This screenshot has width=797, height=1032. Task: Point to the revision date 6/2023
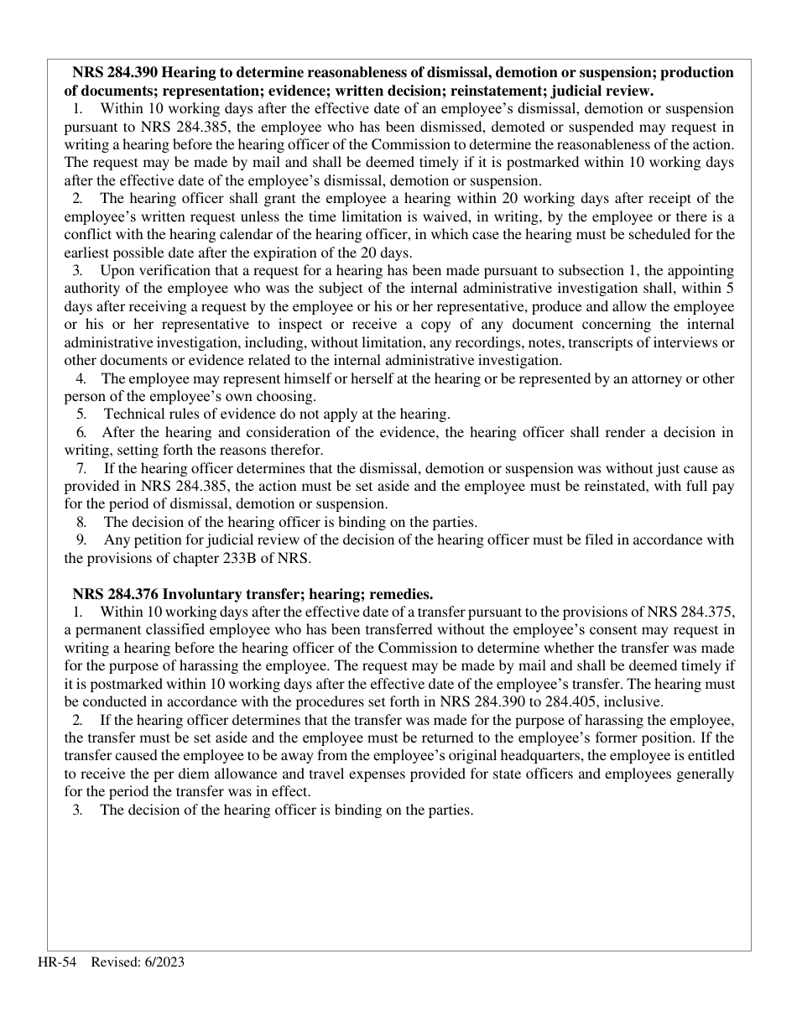(x=163, y=962)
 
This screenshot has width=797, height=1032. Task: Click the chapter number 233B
(x=221, y=558)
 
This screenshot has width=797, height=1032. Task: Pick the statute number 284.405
(x=578, y=702)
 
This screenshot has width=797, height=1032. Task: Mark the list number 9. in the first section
(x=81, y=539)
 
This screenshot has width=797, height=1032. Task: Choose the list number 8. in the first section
(x=81, y=522)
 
